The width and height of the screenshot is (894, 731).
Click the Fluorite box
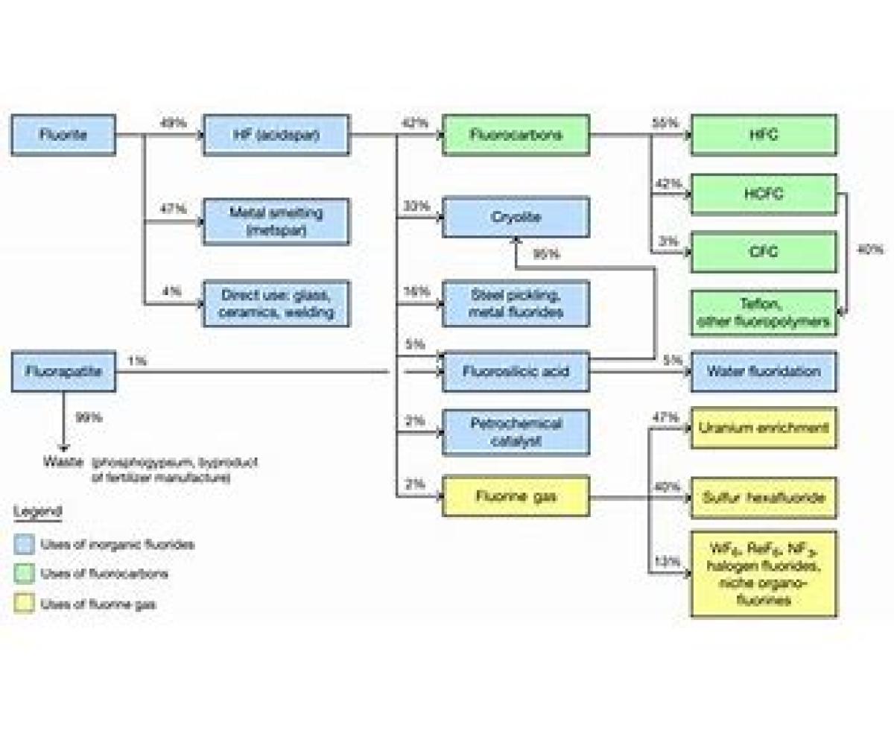[x=63, y=135]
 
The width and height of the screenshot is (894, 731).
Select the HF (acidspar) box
[x=276, y=135]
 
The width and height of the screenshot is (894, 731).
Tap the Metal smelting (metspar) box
[x=276, y=221]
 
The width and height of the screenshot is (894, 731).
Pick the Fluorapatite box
[x=63, y=371]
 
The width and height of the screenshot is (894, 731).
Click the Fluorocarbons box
[x=516, y=135]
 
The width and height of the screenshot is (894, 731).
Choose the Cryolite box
[x=516, y=217]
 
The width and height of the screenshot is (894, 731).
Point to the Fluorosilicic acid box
[x=516, y=371]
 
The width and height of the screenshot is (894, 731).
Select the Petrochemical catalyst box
[x=516, y=432]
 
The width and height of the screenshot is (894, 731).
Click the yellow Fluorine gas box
[x=516, y=496]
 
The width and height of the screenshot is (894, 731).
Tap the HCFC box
[x=764, y=194]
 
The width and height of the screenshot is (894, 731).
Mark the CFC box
[x=764, y=252]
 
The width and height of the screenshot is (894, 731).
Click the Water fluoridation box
[x=764, y=371]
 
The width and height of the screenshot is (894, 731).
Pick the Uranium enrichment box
[x=764, y=428]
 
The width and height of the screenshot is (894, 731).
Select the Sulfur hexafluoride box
[x=764, y=497]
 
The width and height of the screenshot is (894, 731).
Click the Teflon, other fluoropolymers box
[x=764, y=313]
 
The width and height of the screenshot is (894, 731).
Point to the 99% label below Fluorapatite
[x=89, y=418]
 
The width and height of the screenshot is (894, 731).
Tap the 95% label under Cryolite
[x=546, y=255]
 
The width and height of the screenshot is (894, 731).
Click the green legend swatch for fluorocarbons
[x=25, y=574]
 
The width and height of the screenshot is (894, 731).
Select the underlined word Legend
[x=37, y=512]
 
